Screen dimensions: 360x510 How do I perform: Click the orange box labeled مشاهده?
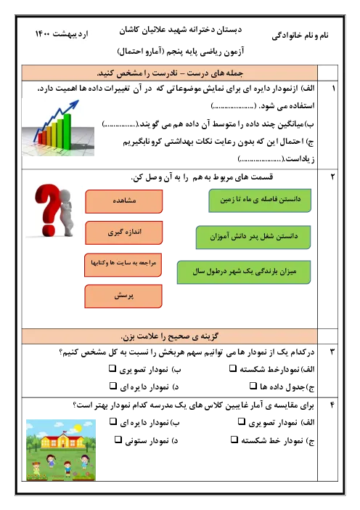point(124,202)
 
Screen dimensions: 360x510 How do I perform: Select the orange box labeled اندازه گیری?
point(124,232)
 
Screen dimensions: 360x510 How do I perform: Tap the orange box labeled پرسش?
point(123,296)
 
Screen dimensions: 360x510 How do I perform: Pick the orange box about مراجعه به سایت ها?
point(123,264)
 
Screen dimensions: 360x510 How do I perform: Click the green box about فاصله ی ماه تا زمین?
point(260,201)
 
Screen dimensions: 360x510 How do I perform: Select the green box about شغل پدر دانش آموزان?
point(253,237)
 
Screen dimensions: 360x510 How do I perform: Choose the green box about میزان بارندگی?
point(244,272)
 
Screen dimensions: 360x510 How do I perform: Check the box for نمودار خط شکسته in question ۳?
point(233,368)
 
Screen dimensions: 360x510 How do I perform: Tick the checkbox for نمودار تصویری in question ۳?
point(112,368)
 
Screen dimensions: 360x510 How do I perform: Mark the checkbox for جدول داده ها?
point(253,386)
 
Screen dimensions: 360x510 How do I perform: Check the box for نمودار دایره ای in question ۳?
point(112,386)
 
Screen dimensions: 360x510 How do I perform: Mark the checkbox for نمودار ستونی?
point(118,440)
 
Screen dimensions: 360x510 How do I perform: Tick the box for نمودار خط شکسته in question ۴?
point(234,440)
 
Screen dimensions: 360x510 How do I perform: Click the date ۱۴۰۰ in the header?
point(43,33)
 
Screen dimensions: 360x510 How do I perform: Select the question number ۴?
point(332,405)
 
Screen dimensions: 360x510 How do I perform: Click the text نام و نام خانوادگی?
point(300,36)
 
